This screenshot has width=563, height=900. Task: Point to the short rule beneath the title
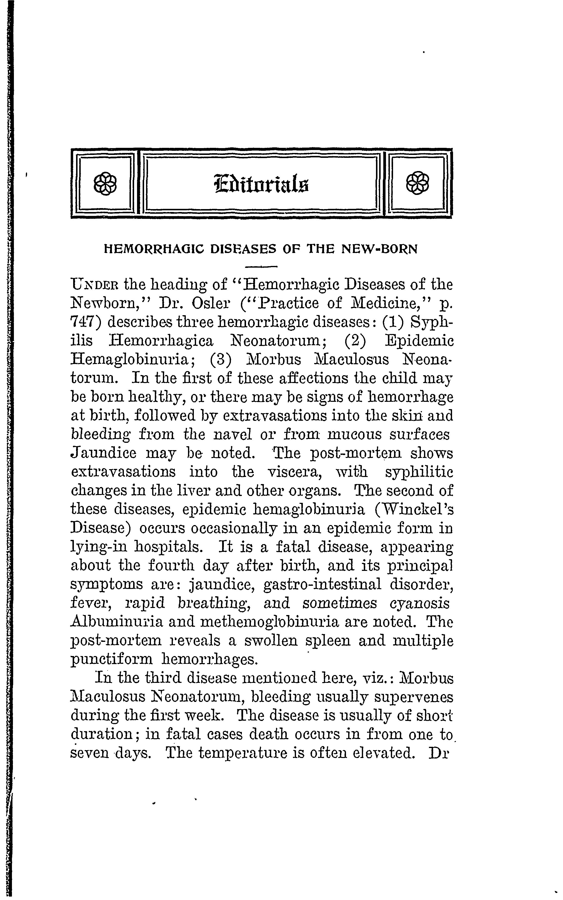point(262,267)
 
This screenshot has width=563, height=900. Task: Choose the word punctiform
point(112,659)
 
